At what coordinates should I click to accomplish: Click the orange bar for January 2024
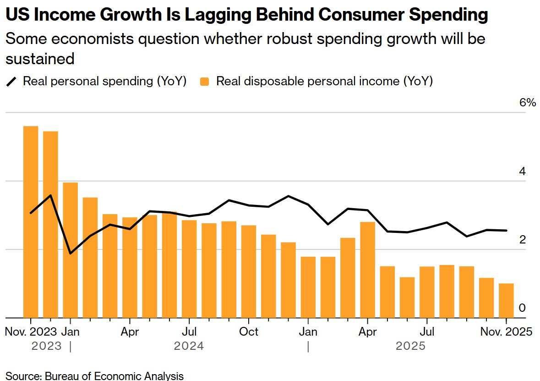tap(70, 250)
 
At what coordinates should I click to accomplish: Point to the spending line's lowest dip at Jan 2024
tap(70, 253)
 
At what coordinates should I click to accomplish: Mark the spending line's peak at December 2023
tap(50, 195)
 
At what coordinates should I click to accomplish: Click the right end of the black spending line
tap(506, 231)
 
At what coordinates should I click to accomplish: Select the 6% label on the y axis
tap(527, 103)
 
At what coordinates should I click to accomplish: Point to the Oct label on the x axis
tap(249, 331)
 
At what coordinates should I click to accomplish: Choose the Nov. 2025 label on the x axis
tap(506, 331)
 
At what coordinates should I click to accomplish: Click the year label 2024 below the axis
tap(189, 346)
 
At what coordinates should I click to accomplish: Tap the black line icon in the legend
tap(11, 82)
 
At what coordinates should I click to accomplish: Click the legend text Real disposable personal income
tap(324, 82)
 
